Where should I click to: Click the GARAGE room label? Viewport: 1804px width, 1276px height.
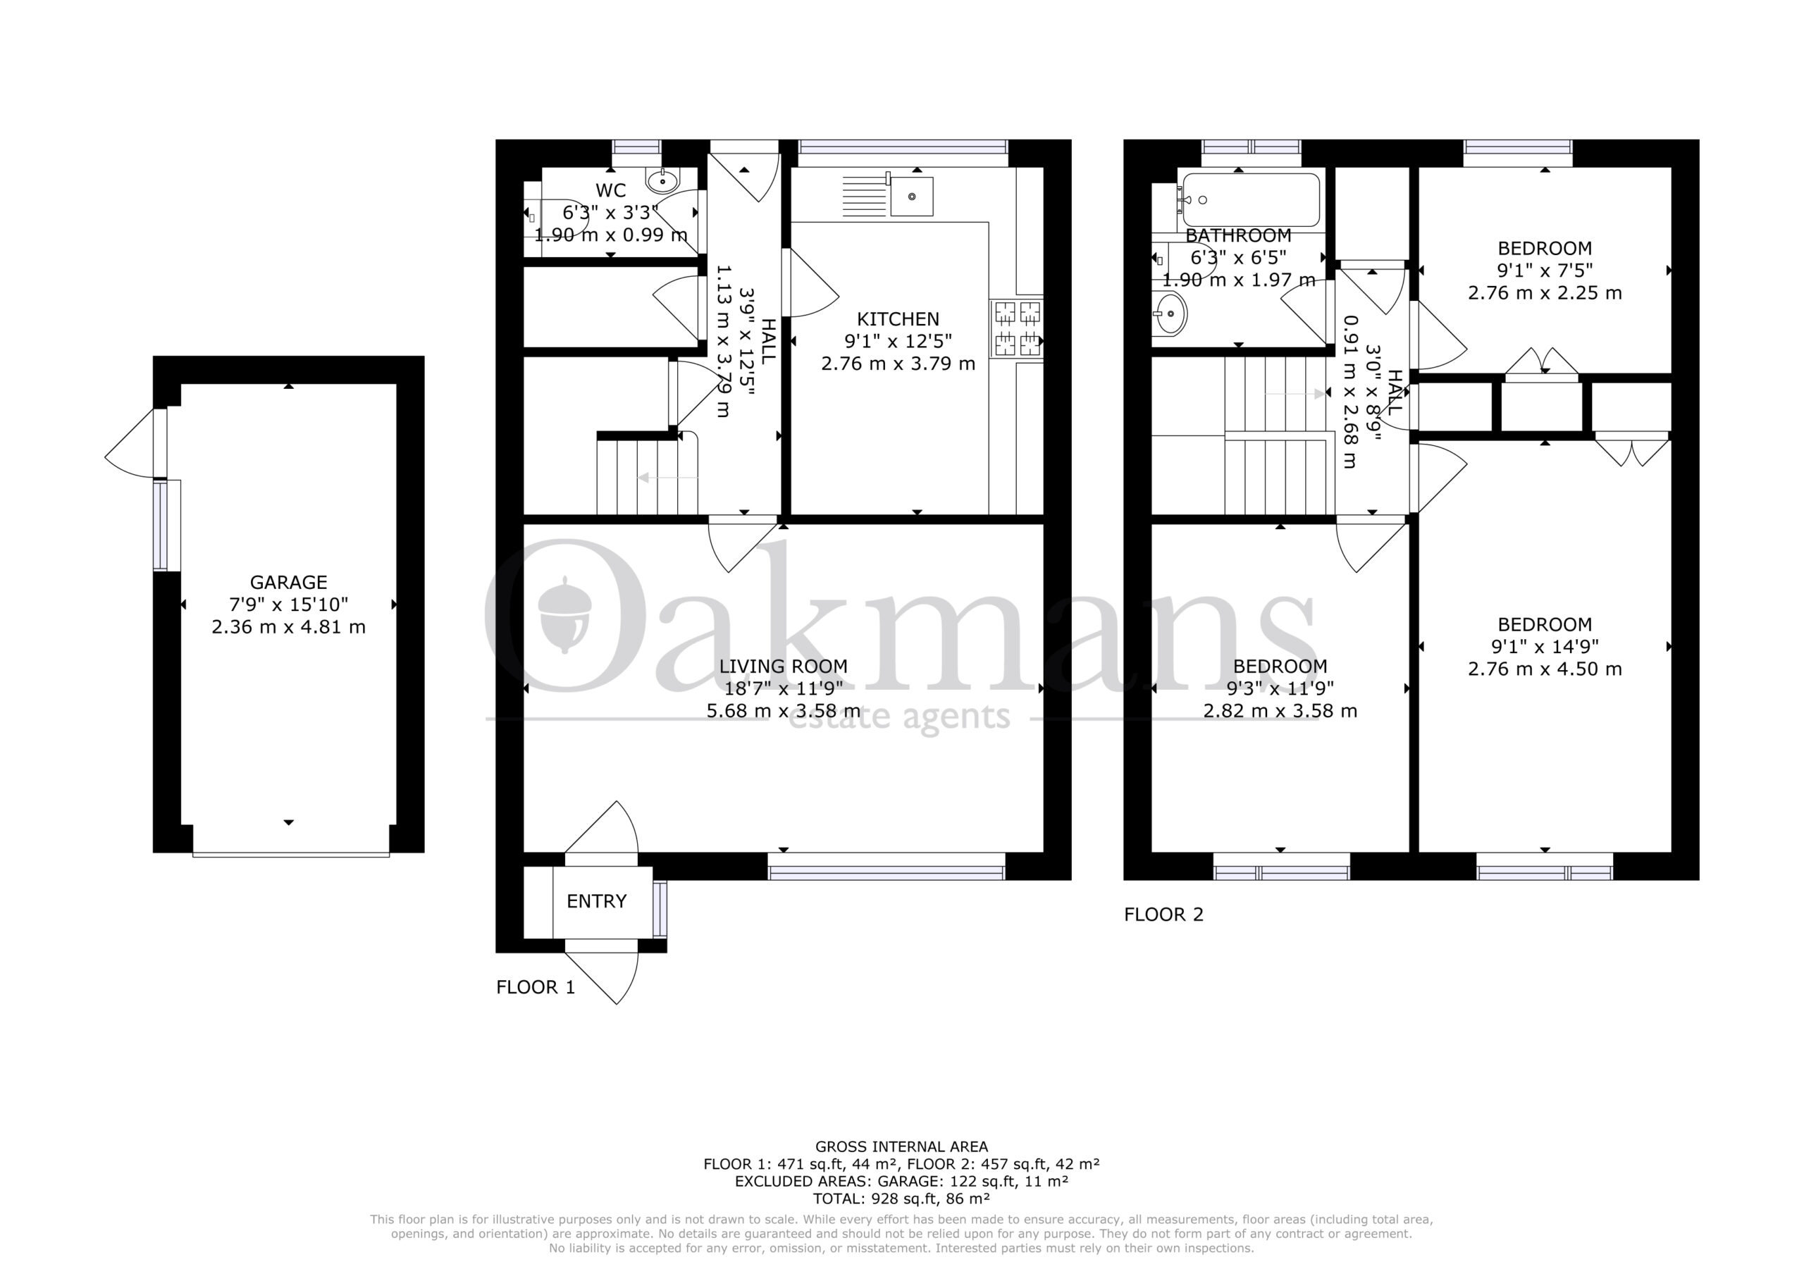click(288, 582)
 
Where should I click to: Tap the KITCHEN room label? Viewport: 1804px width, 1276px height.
click(897, 319)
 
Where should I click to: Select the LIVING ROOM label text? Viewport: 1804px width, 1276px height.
click(784, 667)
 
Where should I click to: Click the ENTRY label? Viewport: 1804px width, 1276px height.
click(596, 901)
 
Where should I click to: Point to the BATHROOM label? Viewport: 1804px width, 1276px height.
click(1238, 235)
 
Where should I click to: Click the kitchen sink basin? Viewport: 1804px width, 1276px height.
click(911, 197)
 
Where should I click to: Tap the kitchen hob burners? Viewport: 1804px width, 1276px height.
click(1018, 328)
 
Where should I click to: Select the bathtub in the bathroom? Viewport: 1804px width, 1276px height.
click(1250, 199)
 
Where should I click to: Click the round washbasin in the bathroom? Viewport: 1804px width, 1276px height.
click(1169, 314)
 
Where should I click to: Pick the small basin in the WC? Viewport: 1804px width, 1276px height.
click(663, 180)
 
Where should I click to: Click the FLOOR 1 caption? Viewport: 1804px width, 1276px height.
click(535, 987)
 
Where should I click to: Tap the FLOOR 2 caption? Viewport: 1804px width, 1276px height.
click(1163, 915)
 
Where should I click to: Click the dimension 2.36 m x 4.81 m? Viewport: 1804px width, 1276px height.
click(288, 627)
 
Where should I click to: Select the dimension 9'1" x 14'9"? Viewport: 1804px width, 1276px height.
click(1545, 647)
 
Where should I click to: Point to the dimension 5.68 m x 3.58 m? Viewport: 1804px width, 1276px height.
click(784, 711)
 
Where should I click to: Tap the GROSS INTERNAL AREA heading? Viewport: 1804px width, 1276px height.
click(901, 1147)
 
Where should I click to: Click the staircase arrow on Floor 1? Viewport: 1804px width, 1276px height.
click(667, 477)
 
